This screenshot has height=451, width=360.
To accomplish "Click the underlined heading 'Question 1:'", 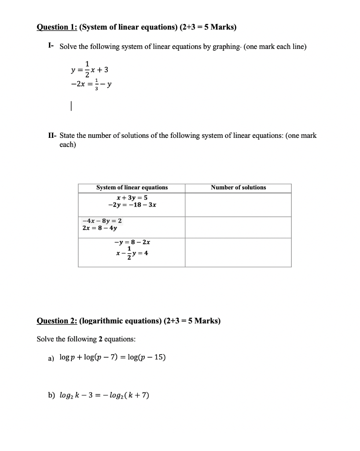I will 56,27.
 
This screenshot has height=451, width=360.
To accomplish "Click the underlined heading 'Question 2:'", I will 56,320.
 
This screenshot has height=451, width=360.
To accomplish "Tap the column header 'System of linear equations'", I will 132,188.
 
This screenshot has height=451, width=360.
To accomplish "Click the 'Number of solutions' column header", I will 238,188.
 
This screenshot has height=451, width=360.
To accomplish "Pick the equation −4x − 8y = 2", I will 102,221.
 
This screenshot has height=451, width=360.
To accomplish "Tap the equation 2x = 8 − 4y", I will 100,228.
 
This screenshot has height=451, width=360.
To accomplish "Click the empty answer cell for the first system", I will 238,205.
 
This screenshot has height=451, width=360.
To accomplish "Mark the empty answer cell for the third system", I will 238,252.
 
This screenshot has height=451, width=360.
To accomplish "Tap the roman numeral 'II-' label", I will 52,136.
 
